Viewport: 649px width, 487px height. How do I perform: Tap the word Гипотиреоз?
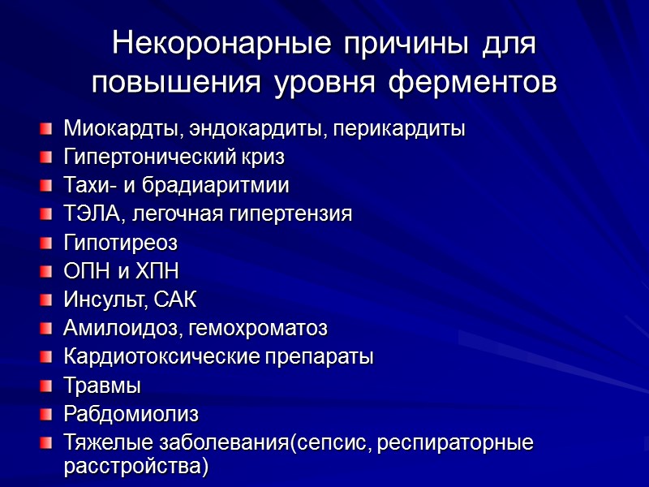[120, 243]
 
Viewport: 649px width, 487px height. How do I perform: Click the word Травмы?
[102, 386]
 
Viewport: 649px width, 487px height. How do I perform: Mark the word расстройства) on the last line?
[135, 467]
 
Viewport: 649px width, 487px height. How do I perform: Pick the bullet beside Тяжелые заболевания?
[47, 443]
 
